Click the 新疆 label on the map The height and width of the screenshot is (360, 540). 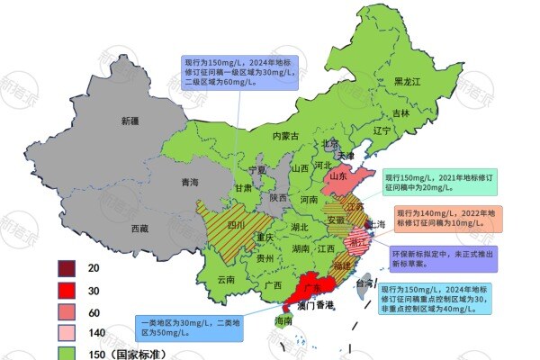pyautogui.click(x=132, y=120)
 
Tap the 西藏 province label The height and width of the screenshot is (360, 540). pyautogui.click(x=140, y=229)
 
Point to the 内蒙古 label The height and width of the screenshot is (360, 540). pyautogui.click(x=291, y=136)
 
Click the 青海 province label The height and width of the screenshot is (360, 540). pyautogui.click(x=189, y=182)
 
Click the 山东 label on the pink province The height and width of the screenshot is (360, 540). pyautogui.click(x=338, y=177)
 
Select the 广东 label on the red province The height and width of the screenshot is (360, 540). pyautogui.click(x=312, y=286)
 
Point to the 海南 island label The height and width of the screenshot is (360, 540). pyautogui.click(x=283, y=320)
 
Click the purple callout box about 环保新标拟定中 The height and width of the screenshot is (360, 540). pyautogui.click(x=437, y=258)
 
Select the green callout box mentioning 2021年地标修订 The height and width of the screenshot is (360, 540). pyautogui.click(x=438, y=181)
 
